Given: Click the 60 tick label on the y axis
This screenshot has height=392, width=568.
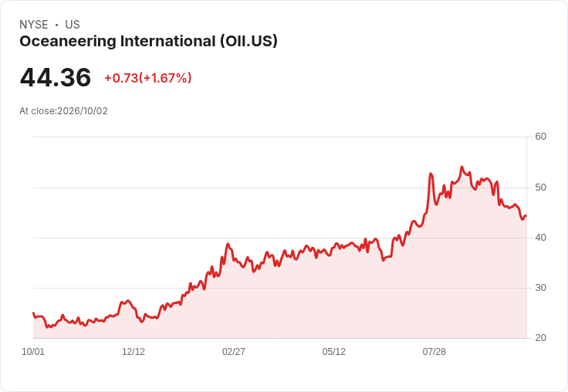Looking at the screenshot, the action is (x=540, y=137).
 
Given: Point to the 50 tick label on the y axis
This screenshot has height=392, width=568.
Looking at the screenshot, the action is (x=540, y=188).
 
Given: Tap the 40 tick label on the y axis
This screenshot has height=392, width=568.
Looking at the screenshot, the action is (x=540, y=238).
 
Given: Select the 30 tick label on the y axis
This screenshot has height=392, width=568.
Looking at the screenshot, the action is (x=540, y=288).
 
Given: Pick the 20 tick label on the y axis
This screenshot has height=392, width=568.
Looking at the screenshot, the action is (x=540, y=338).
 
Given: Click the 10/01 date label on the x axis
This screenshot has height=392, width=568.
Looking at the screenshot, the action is (x=33, y=352).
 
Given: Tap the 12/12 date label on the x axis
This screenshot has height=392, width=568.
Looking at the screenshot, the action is (x=134, y=352).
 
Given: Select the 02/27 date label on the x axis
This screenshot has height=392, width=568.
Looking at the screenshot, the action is (x=234, y=352).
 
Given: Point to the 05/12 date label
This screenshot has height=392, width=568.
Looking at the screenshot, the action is (x=333, y=352).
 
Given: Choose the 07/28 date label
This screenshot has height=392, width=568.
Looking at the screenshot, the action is (x=434, y=352).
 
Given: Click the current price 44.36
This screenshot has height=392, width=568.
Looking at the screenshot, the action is (x=56, y=77).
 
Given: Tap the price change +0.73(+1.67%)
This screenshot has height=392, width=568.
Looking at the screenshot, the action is (x=148, y=78).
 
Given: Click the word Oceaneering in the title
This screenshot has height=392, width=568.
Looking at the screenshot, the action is (x=68, y=42).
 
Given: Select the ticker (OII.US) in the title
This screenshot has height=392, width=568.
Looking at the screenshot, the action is (x=248, y=41).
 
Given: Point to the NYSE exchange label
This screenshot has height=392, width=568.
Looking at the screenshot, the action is (x=34, y=25).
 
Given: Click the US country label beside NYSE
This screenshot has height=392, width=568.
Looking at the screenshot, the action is (x=73, y=25).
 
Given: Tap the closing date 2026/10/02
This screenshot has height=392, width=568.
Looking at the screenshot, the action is (x=83, y=111).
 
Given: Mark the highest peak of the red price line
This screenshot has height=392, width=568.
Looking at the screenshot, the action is (x=461, y=167).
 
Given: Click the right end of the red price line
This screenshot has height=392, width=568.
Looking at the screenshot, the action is (x=526, y=216).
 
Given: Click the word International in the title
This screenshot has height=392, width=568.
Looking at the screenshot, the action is (x=168, y=42).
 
